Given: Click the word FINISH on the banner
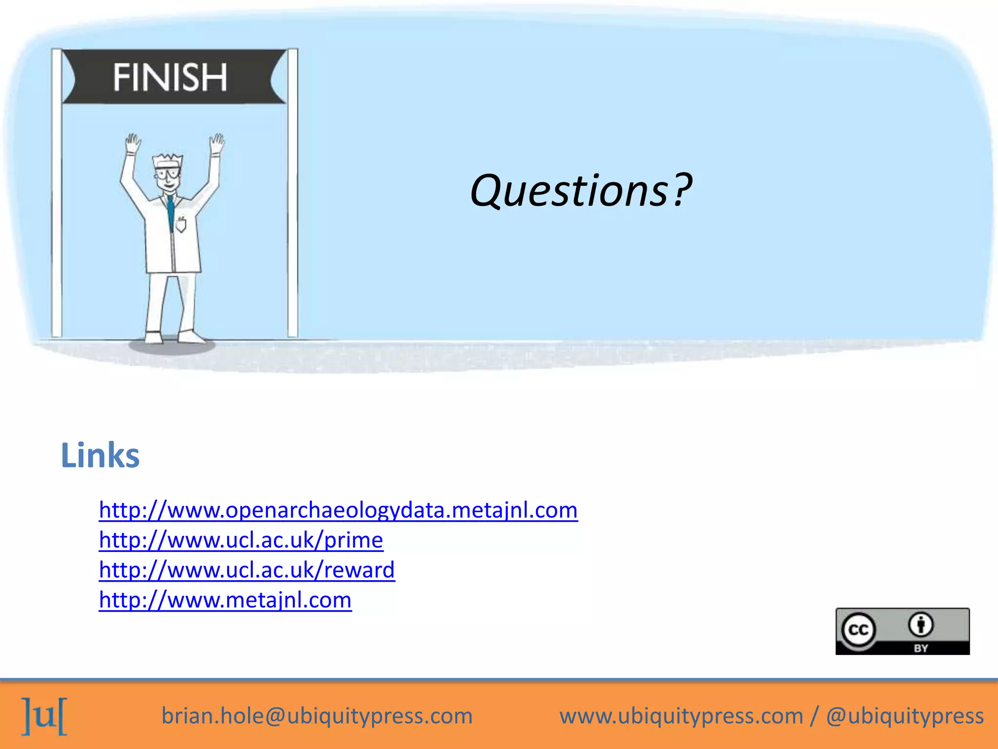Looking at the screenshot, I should [x=170, y=77].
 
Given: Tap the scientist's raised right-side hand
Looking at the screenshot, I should [x=217, y=144].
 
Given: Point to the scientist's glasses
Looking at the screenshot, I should [x=167, y=173].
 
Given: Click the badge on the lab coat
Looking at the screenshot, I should [x=181, y=224].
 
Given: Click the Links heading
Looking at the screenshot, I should [x=100, y=455].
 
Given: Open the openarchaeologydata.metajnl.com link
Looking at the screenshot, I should [x=338, y=510].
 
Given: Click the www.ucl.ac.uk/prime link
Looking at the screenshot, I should [x=241, y=540].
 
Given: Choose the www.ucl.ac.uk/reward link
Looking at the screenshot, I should [x=247, y=570].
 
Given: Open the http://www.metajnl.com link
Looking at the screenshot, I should [x=225, y=600].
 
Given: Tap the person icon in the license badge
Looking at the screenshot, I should [x=921, y=624].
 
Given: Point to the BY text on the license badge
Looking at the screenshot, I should [x=921, y=648].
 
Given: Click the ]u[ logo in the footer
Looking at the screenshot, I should [x=44, y=715].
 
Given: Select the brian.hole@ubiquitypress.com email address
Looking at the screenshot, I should [x=317, y=716].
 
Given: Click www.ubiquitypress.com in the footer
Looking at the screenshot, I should [x=681, y=716].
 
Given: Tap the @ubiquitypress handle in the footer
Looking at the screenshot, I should [x=904, y=716].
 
